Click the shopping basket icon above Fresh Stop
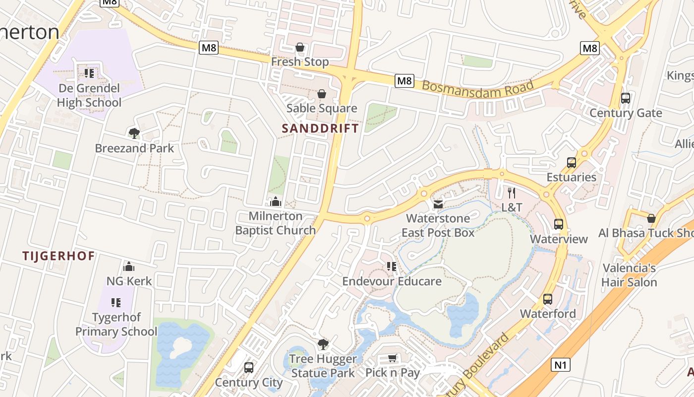click(x=300, y=48)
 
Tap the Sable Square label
click(x=322, y=108)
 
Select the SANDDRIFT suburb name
click(x=320, y=128)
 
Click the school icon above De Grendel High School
click(x=89, y=74)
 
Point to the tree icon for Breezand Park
click(x=134, y=133)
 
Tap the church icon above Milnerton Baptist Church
click(x=276, y=201)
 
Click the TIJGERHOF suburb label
click(x=58, y=256)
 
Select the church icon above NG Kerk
click(x=129, y=266)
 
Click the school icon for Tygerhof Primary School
click(x=116, y=302)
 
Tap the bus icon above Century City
click(x=249, y=368)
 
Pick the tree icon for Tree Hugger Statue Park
click(x=323, y=344)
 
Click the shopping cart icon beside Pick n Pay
click(x=392, y=358)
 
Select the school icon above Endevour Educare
click(x=392, y=266)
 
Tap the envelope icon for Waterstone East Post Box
click(x=438, y=204)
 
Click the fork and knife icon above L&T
click(x=512, y=193)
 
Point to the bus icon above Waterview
click(x=559, y=224)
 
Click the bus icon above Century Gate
click(x=626, y=98)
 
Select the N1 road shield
click(x=560, y=365)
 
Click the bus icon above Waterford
click(x=548, y=299)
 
